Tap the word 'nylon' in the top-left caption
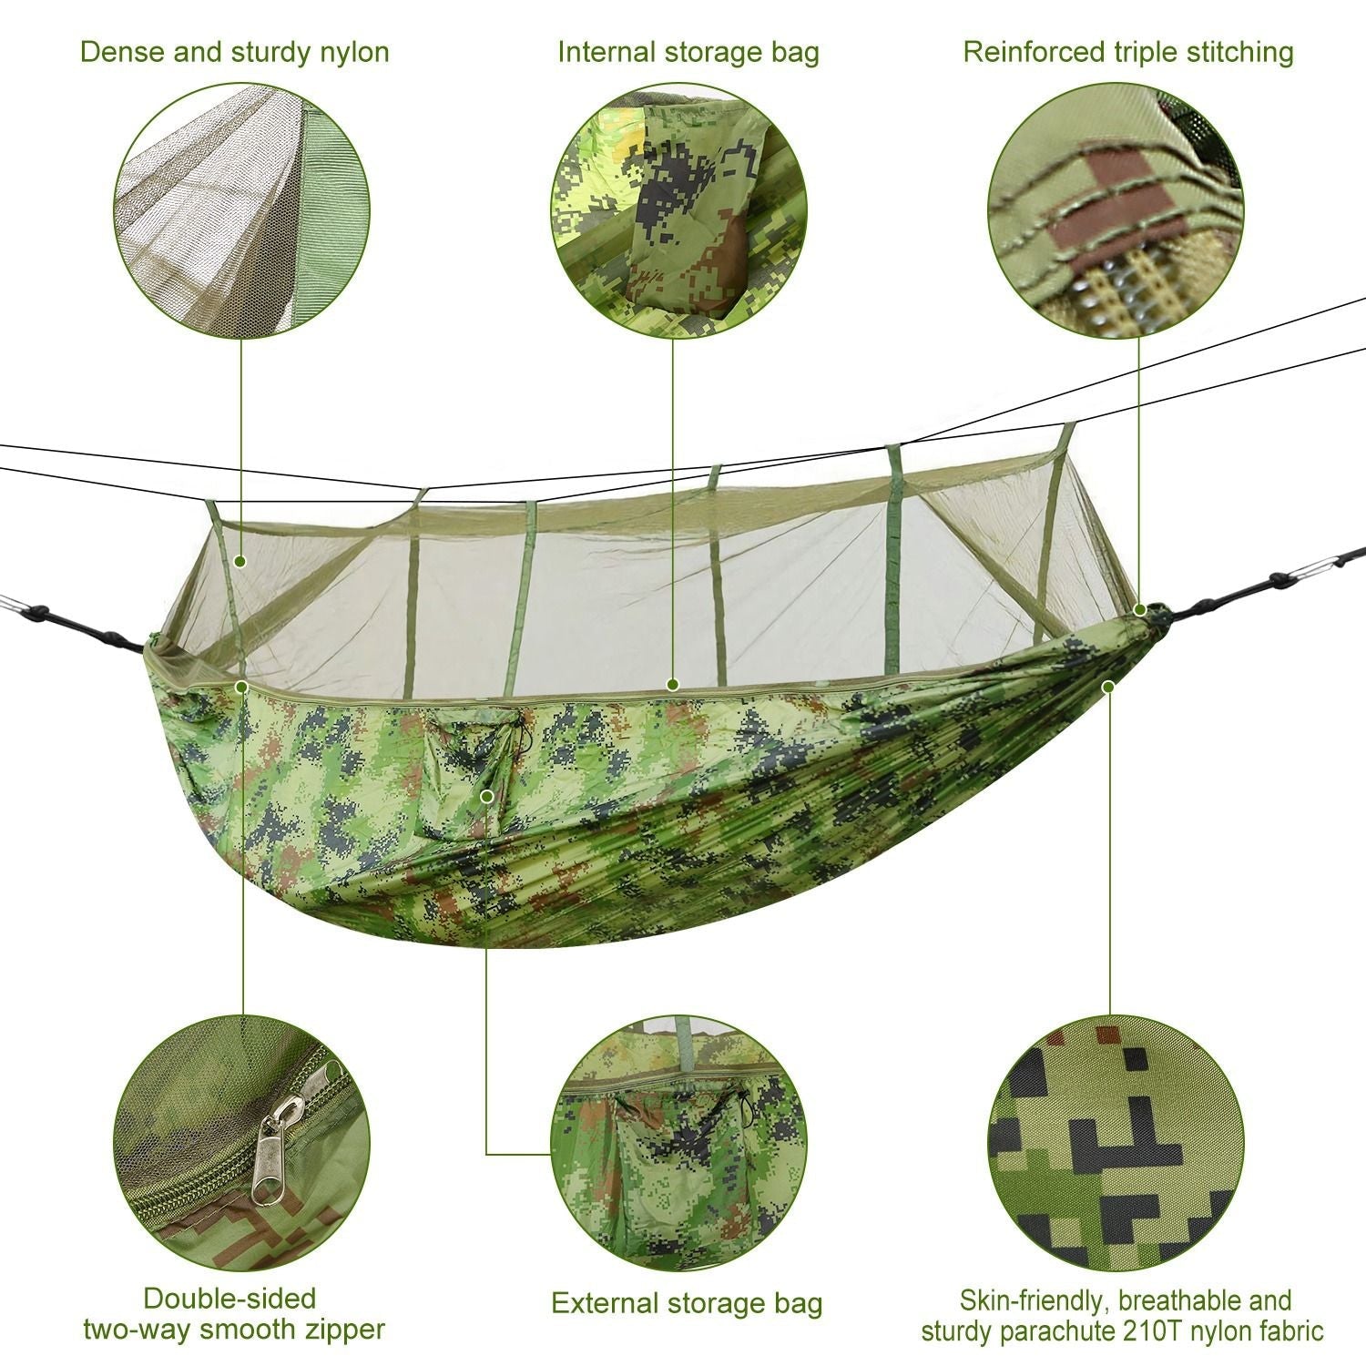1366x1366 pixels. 352,51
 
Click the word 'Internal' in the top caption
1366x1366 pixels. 606,51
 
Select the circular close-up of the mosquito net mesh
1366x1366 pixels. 242,210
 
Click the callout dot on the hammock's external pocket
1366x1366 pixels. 487,796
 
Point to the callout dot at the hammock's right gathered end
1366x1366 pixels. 1140,608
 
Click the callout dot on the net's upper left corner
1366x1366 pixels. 240,562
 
